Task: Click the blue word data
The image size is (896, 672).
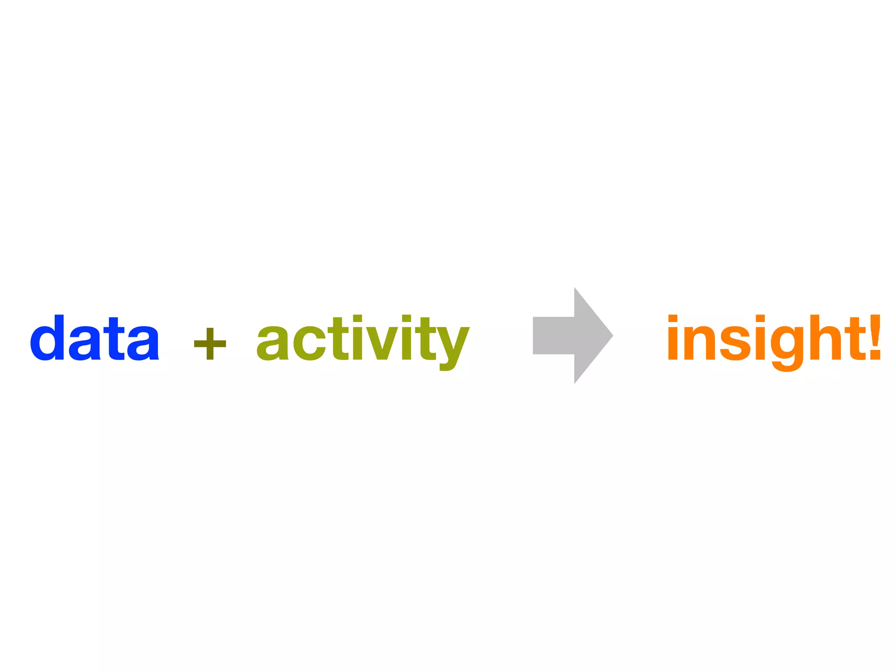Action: click(x=94, y=338)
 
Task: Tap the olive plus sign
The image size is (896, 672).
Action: click(x=210, y=344)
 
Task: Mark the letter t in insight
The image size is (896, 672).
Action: click(x=851, y=339)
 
